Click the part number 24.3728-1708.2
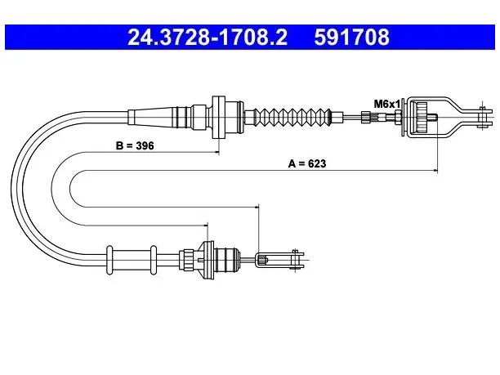[208, 37]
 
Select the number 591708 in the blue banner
[351, 37]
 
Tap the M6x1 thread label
[386, 104]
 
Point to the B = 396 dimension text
[135, 145]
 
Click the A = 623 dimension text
[306, 163]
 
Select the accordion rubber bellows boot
[292, 117]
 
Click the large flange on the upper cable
[219, 117]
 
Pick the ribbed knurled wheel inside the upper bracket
[422, 118]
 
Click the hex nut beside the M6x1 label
[398, 117]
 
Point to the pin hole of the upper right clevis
[482, 118]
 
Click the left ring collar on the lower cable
[109, 260]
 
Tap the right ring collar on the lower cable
[154, 260]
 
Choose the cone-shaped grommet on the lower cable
[205, 260]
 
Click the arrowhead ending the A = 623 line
[435, 172]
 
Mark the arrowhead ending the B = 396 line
[217, 153]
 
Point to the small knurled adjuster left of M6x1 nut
[365, 117]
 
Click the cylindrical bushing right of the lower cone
[226, 260]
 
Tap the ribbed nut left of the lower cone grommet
[187, 260]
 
